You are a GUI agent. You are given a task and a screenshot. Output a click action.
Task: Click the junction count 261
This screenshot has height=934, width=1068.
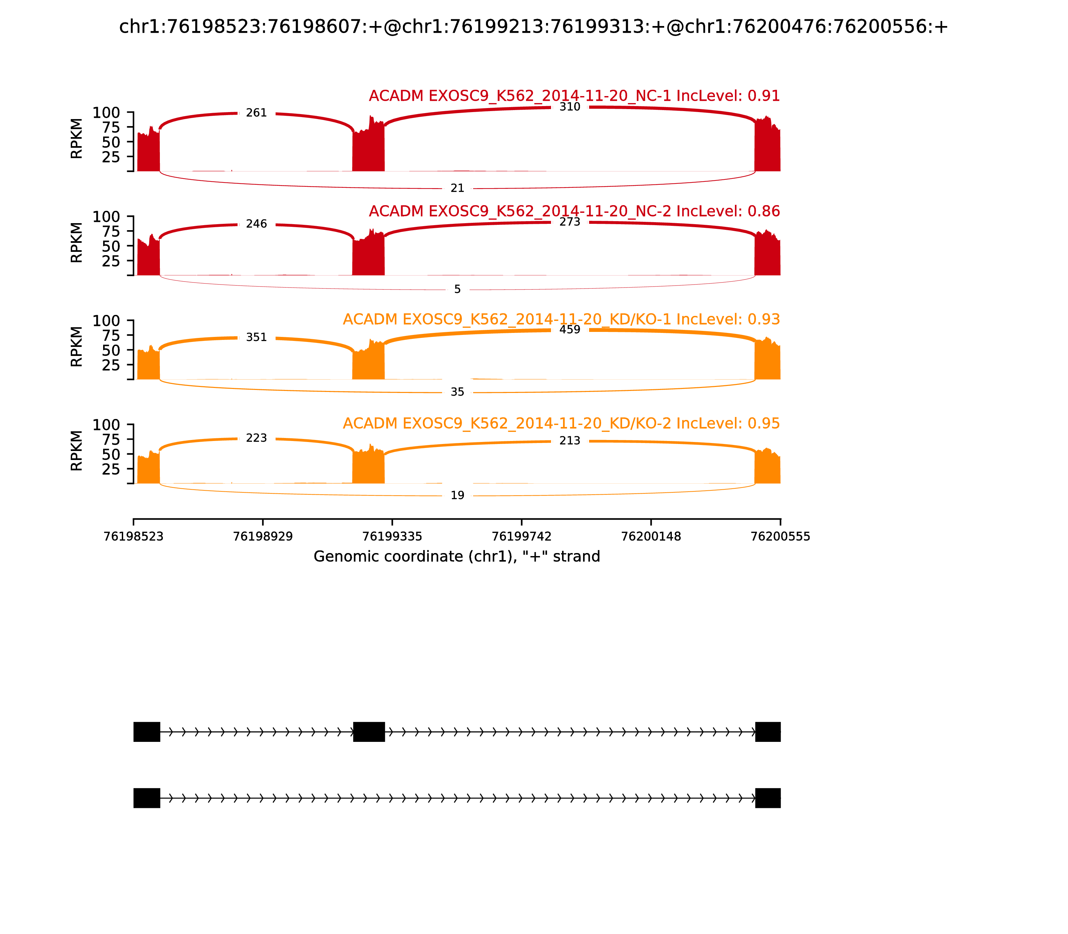point(256,113)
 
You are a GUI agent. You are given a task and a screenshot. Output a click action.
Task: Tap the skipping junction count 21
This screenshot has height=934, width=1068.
point(457,188)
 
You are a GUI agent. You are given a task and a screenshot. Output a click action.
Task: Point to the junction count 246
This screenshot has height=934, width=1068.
point(256,224)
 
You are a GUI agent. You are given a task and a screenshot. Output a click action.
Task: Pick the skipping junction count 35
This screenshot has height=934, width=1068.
point(457,392)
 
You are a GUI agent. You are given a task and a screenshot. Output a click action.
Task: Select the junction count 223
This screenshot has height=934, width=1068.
point(256,438)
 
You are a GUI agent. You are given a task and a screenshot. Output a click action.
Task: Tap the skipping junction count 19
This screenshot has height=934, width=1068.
point(457,496)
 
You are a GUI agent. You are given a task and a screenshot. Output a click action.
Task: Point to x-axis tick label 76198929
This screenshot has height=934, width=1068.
point(263,537)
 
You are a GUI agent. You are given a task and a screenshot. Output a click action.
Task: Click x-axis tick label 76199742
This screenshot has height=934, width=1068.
point(521,537)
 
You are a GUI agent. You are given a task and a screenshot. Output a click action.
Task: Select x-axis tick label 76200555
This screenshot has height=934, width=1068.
point(780,537)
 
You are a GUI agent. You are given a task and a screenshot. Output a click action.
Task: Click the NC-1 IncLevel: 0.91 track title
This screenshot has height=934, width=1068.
point(574,96)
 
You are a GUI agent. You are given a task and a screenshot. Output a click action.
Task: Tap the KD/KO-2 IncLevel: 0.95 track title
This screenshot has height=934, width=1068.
point(561,423)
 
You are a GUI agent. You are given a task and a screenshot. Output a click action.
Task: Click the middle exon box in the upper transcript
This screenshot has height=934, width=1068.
point(369,732)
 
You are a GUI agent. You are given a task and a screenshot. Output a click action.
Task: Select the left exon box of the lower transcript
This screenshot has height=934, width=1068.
point(147,798)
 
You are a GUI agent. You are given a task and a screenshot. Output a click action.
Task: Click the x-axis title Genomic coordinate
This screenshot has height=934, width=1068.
point(457,557)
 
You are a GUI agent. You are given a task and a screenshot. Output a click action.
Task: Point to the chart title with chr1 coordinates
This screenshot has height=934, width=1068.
point(533,27)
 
